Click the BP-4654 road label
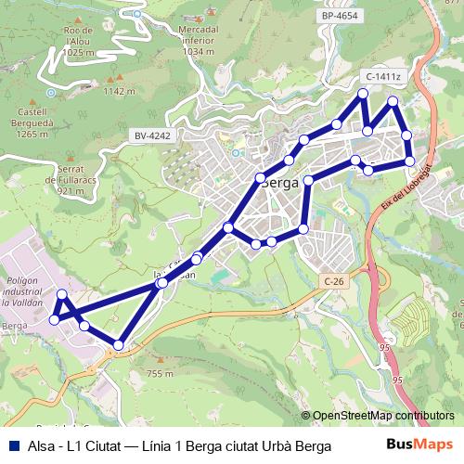(341, 16)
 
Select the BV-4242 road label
(152, 135)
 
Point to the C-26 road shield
(334, 280)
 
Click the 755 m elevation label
(160, 373)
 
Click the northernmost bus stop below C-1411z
(363, 95)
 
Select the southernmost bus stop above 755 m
(118, 345)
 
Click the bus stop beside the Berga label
(261, 177)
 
